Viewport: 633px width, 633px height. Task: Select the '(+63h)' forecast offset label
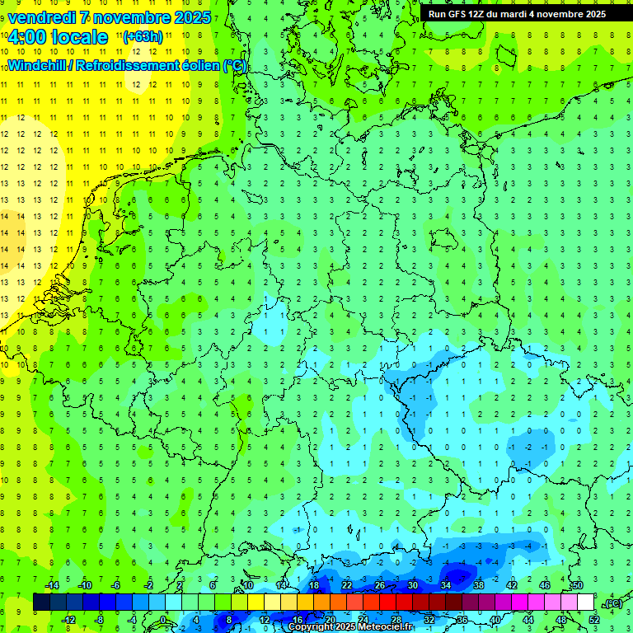point(143,37)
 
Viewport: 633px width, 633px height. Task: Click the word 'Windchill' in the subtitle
point(39,66)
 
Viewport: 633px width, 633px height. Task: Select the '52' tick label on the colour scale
point(594,620)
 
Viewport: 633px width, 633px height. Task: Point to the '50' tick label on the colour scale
point(578,585)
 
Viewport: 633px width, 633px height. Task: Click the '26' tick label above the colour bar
point(380,585)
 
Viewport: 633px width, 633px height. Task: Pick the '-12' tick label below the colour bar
point(68,620)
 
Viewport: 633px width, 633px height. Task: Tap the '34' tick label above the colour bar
point(446,585)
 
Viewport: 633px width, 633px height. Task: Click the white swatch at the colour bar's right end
point(586,603)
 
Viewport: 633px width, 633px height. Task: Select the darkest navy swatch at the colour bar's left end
point(41,603)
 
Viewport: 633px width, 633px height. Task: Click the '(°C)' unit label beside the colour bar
point(612,603)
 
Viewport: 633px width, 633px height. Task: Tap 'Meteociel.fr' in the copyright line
point(385,627)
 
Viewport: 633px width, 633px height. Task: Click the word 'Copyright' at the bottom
point(312,627)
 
